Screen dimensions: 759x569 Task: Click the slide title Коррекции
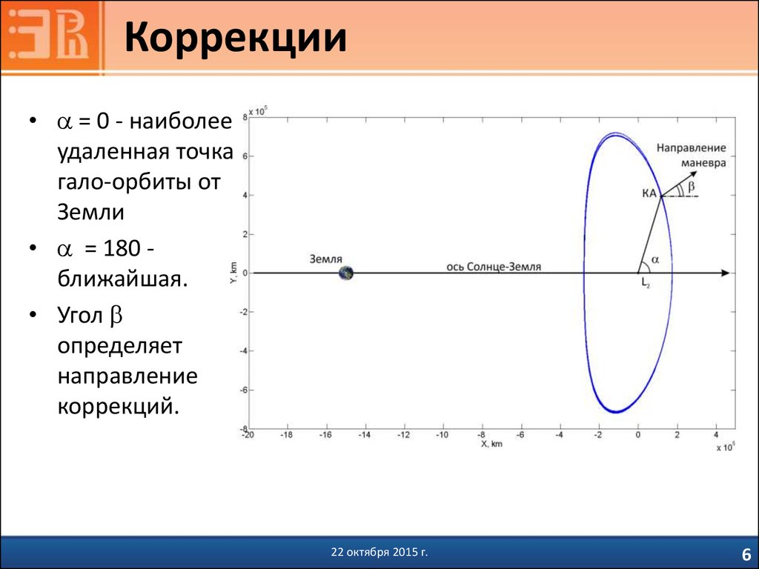[236, 37]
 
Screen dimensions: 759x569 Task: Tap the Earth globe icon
[345, 273]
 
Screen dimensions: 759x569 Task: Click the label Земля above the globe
[326, 259]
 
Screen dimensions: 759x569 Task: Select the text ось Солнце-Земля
[494, 267]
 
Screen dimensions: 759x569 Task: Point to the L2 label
[646, 283]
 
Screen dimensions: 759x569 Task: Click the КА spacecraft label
[649, 193]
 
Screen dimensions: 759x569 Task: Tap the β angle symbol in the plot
[692, 186]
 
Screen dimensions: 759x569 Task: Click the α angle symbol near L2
[655, 260]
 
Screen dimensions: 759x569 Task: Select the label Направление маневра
[692, 156]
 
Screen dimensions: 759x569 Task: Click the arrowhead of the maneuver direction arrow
[693, 174]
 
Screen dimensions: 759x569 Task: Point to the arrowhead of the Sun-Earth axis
[725, 273]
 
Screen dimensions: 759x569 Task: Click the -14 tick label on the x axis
[364, 435]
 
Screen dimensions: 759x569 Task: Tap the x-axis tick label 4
[716, 435]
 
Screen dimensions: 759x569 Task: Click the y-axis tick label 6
[245, 156]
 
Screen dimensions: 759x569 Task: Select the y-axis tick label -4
[243, 350]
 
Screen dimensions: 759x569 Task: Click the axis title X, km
[491, 444]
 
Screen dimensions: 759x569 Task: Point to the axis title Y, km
[233, 273]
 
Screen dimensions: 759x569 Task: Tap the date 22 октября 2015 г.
[379, 552]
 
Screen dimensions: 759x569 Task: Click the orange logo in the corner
[53, 37]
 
